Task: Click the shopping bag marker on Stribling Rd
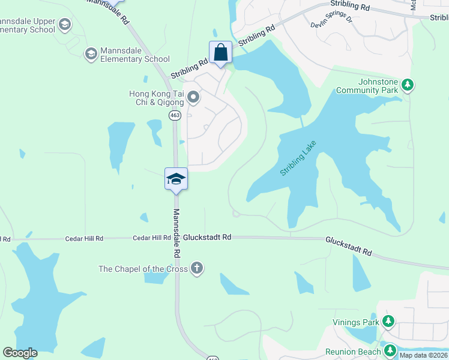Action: (220, 52)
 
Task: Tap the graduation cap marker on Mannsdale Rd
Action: (176, 179)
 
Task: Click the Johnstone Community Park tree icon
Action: (408, 85)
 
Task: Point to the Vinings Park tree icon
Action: (388, 322)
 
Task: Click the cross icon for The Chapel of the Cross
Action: (196, 268)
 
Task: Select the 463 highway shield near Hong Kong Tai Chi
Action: (175, 115)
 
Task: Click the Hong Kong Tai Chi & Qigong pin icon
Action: (193, 97)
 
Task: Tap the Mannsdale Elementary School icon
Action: (91, 55)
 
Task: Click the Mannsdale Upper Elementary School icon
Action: (65, 25)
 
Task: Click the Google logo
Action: (20, 353)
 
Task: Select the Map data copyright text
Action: (423, 355)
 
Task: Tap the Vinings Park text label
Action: (356, 322)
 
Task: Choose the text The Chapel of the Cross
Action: (143, 269)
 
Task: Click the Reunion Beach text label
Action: (353, 352)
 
